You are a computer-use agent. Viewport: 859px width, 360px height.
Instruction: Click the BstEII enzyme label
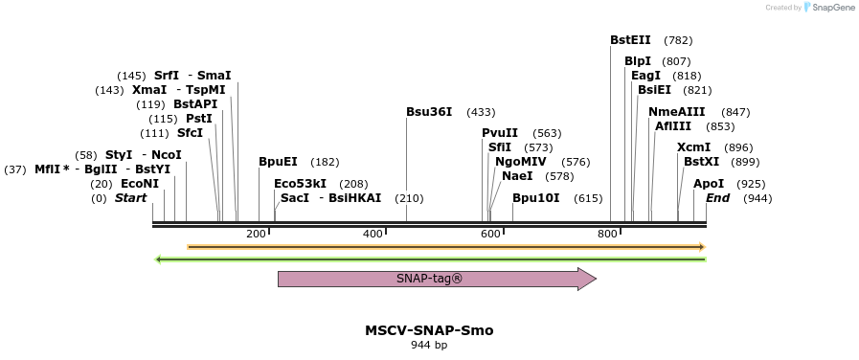630,40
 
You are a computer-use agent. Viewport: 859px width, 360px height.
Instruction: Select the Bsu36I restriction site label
429,112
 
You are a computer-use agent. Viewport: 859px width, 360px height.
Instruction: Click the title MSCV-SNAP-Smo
429,330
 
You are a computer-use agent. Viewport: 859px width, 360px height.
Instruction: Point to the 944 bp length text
429,346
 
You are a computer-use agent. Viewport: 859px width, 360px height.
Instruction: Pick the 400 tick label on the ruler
373,234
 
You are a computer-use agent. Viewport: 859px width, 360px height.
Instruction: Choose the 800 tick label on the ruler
607,234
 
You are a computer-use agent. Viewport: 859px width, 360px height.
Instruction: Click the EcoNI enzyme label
139,184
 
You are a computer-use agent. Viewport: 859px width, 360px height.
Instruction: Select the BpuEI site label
278,162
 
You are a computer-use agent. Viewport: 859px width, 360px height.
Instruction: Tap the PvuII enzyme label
500,133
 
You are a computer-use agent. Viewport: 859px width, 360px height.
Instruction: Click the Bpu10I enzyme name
535,198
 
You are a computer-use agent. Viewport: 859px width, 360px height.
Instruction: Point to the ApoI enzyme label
709,184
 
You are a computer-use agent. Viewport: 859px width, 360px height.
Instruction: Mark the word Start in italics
131,198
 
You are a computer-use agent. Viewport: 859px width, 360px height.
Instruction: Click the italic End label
717,198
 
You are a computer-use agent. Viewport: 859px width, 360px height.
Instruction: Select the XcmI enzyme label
693,147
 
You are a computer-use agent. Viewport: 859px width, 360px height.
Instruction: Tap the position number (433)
481,112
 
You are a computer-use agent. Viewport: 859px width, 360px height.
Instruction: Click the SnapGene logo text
830,7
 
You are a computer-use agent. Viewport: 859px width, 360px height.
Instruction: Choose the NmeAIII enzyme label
675,112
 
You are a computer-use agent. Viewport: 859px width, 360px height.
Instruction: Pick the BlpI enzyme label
638,61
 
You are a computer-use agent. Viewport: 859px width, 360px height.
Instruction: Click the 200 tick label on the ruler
256,234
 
